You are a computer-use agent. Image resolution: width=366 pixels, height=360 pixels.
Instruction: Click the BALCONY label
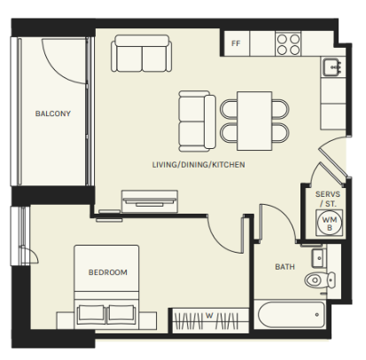click(53, 113)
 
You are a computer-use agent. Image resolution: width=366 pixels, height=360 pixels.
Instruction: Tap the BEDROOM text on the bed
click(108, 272)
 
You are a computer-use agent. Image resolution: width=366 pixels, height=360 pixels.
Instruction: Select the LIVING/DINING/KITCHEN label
click(199, 165)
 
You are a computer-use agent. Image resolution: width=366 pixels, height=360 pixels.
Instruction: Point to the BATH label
click(284, 267)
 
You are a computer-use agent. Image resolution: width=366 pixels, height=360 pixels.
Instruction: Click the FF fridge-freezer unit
click(237, 43)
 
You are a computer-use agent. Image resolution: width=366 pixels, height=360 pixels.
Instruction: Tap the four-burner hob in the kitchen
click(288, 43)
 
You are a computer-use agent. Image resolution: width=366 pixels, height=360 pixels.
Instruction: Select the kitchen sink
click(332, 67)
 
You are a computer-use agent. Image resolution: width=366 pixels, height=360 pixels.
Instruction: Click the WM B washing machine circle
click(330, 223)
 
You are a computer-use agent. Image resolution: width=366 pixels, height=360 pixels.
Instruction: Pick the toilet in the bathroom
click(320, 280)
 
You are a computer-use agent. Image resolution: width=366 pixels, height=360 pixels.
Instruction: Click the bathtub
click(292, 315)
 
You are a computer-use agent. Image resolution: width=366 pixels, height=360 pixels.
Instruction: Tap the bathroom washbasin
click(319, 258)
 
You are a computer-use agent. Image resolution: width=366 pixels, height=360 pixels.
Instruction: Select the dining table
click(254, 121)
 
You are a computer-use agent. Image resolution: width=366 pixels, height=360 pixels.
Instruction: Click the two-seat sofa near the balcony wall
click(142, 53)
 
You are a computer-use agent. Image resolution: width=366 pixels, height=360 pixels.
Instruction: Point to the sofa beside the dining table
click(198, 121)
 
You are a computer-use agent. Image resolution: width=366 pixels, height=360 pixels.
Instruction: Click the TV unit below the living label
click(150, 201)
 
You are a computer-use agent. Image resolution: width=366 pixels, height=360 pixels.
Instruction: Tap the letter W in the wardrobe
click(209, 316)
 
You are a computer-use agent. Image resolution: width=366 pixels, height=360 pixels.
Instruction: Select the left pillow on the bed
click(91, 314)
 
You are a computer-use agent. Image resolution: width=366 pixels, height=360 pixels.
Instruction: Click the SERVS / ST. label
click(328, 199)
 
